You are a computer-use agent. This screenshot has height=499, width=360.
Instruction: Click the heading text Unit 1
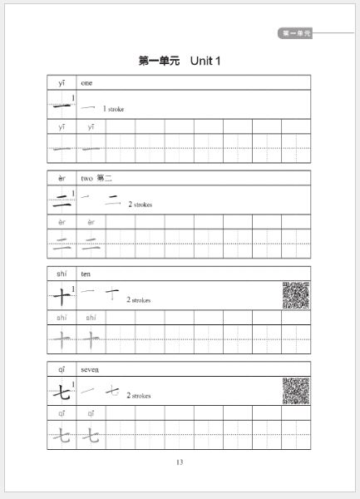pyautogui.click(x=205, y=61)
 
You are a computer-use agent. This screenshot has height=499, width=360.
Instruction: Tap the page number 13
pyautogui.click(x=180, y=462)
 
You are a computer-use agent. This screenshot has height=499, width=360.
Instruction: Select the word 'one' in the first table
pyautogui.click(x=86, y=82)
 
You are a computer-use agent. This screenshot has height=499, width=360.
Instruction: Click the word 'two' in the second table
pyautogui.click(x=86, y=178)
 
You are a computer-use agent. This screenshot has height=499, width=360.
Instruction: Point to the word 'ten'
pyautogui.click(x=86, y=274)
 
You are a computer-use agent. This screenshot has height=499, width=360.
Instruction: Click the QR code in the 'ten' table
pyautogui.click(x=295, y=295)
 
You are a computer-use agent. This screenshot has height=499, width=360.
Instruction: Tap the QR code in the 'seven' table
pyautogui.click(x=295, y=390)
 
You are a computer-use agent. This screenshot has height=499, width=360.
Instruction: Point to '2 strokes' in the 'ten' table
pyautogui.click(x=139, y=300)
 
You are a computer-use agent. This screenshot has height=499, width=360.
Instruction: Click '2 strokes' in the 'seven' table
pyautogui.click(x=139, y=396)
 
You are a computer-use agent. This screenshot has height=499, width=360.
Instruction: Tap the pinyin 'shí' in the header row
pyautogui.click(x=62, y=274)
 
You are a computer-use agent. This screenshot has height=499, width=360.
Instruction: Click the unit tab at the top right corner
pyautogui.click(x=296, y=34)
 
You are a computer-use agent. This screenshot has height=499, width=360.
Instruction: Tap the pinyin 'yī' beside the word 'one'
pyautogui.click(x=62, y=82)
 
